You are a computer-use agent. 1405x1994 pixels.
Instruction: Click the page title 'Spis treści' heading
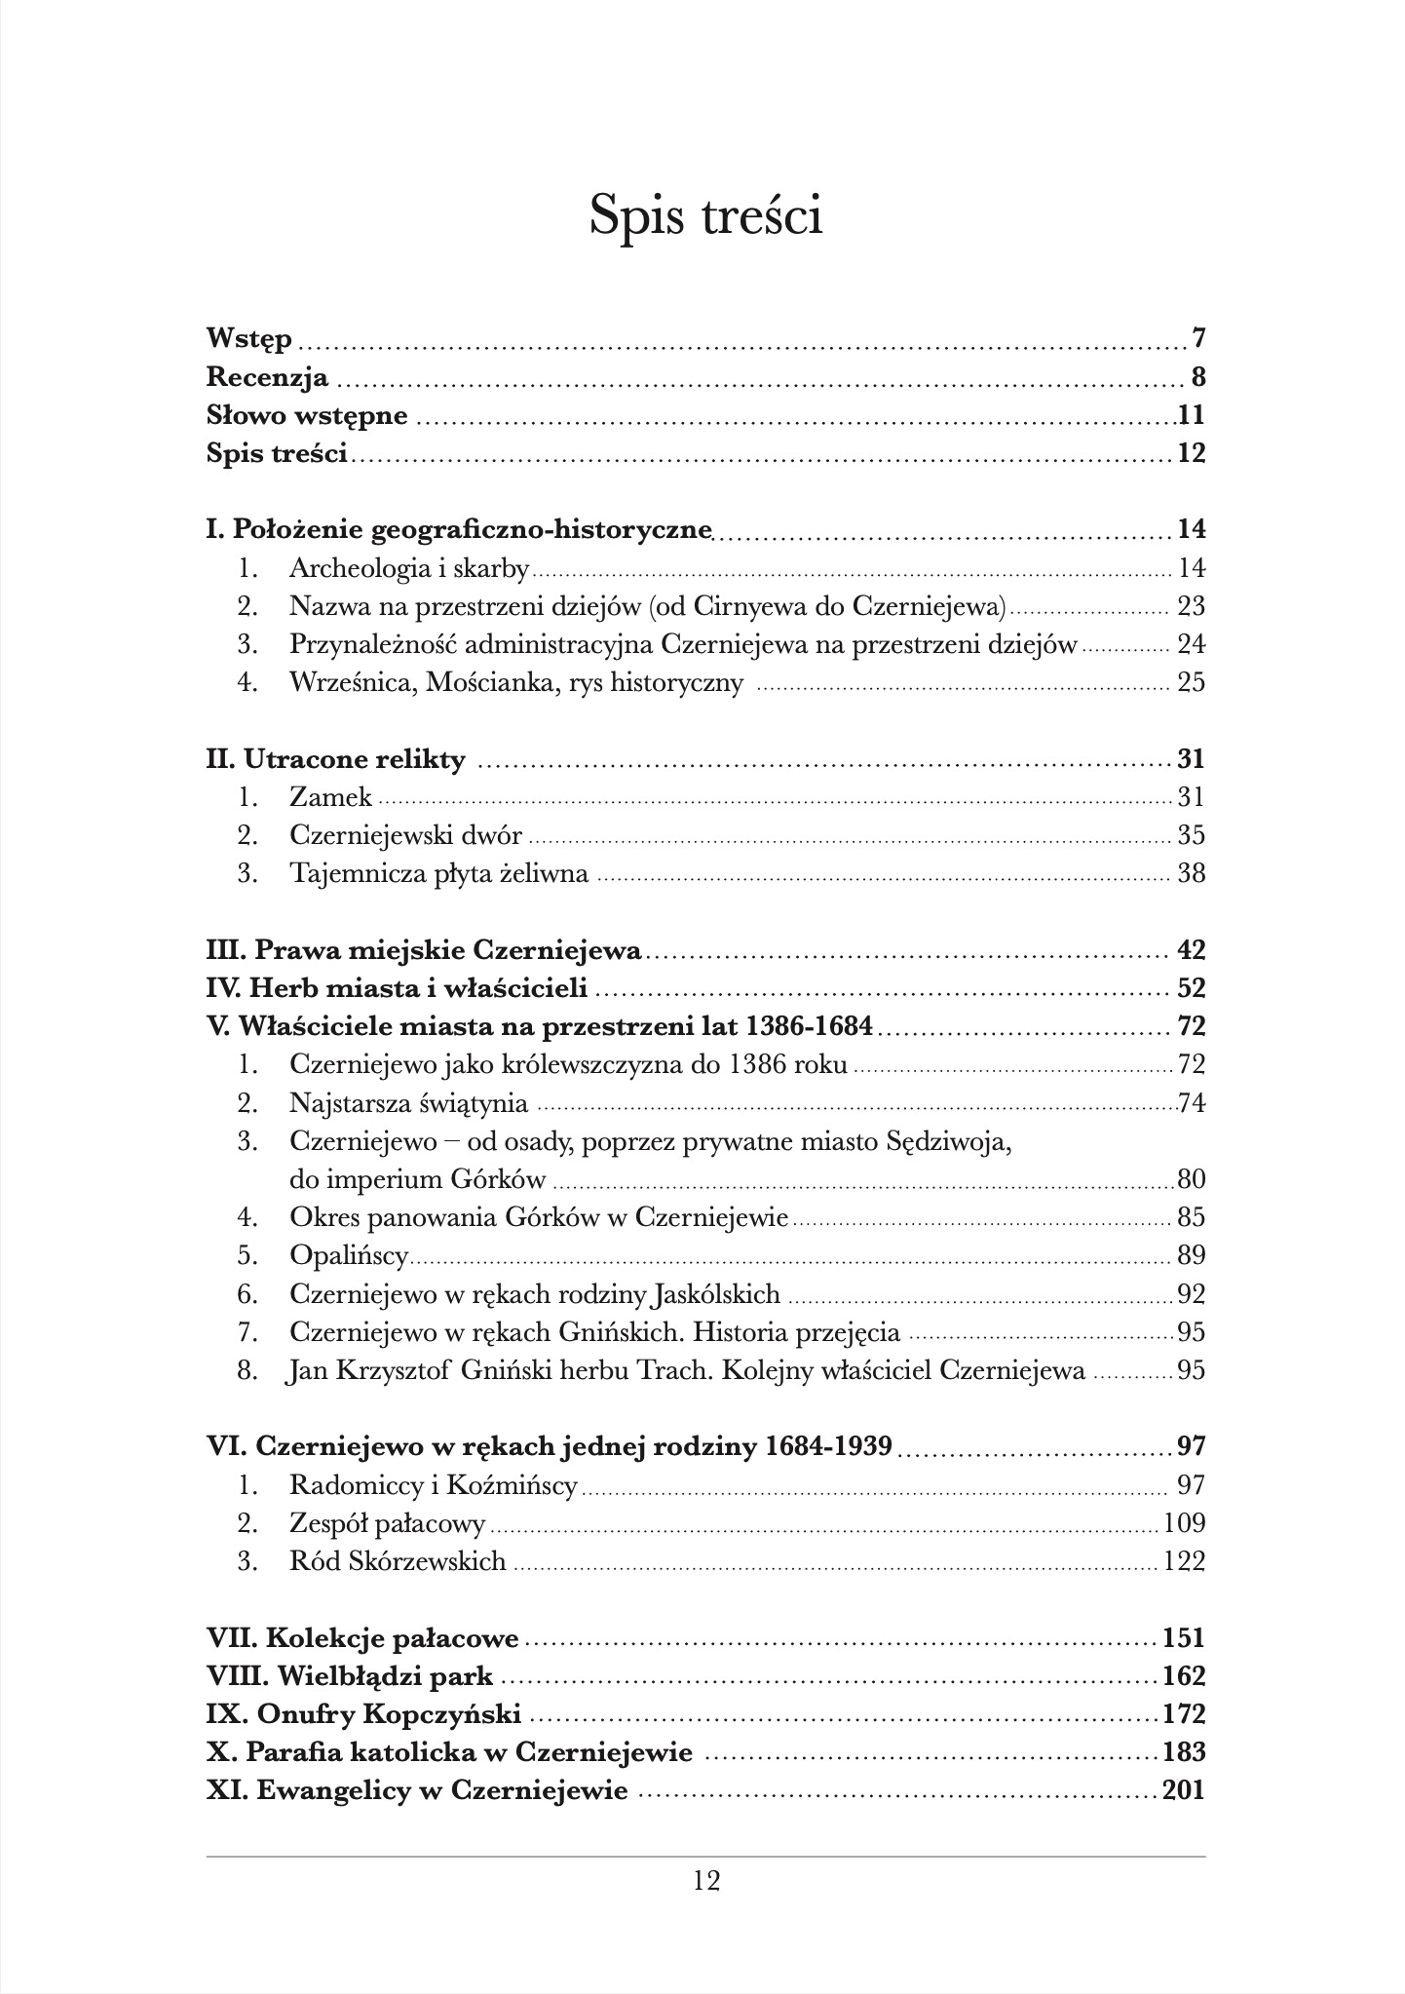click(706, 215)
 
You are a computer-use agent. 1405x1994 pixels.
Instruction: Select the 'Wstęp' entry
click(249, 339)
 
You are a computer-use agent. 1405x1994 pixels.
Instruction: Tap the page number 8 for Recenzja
click(1198, 377)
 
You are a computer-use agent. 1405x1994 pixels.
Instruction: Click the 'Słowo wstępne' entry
click(307, 415)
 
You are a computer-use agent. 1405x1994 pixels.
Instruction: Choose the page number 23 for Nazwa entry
click(1191, 606)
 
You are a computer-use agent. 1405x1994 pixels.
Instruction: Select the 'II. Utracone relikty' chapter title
click(336, 759)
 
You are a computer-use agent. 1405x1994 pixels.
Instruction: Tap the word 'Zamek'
click(330, 797)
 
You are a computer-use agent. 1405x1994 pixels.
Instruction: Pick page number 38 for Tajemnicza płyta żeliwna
click(1191, 873)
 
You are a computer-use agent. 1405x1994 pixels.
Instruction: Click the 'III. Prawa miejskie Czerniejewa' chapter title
click(424, 950)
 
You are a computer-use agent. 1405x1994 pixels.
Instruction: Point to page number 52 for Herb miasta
click(1191, 988)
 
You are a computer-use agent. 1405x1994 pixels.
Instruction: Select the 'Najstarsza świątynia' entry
click(408, 1103)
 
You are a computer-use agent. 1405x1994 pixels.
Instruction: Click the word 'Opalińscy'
click(349, 1256)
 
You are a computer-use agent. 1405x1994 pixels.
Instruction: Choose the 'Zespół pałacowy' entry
click(387, 1523)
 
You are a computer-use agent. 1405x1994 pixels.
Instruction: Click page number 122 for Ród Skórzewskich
click(1184, 1561)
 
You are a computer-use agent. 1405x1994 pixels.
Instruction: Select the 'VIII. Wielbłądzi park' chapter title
click(350, 1677)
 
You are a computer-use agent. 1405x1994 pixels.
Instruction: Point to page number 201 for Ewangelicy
click(1184, 1790)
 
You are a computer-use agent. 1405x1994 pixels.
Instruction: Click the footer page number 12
click(706, 1880)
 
